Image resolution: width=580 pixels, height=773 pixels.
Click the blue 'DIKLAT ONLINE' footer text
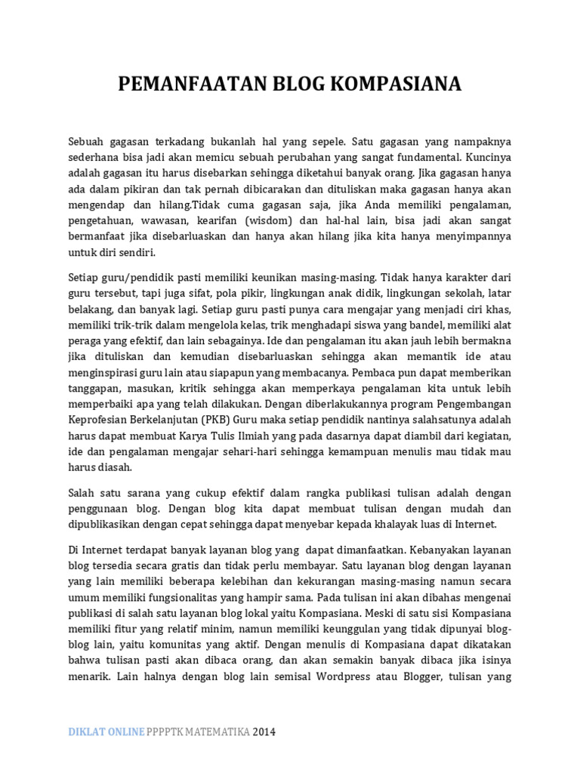tap(106, 732)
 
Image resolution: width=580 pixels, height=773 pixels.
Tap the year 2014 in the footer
tap(265, 732)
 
